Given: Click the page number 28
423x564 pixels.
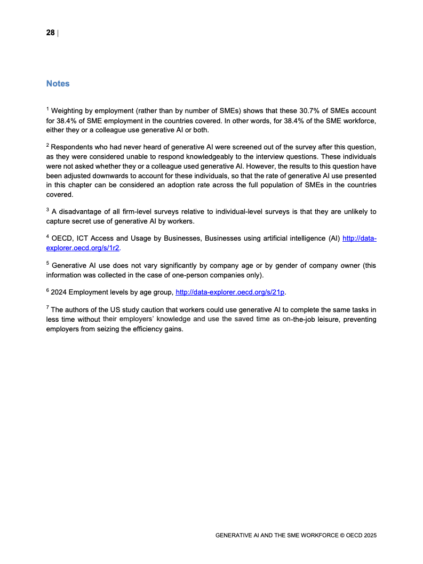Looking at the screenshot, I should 50,33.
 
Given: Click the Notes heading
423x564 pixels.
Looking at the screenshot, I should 58,84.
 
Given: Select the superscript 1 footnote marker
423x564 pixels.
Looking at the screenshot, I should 47,109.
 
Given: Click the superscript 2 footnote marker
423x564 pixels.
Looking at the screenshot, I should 47,144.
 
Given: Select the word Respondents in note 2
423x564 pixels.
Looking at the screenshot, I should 73,146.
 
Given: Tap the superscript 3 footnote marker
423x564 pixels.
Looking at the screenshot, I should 47,210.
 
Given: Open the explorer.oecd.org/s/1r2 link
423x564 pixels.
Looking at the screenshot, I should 83,248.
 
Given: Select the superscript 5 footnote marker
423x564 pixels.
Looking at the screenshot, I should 47,263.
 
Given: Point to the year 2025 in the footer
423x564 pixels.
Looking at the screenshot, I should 370,535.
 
